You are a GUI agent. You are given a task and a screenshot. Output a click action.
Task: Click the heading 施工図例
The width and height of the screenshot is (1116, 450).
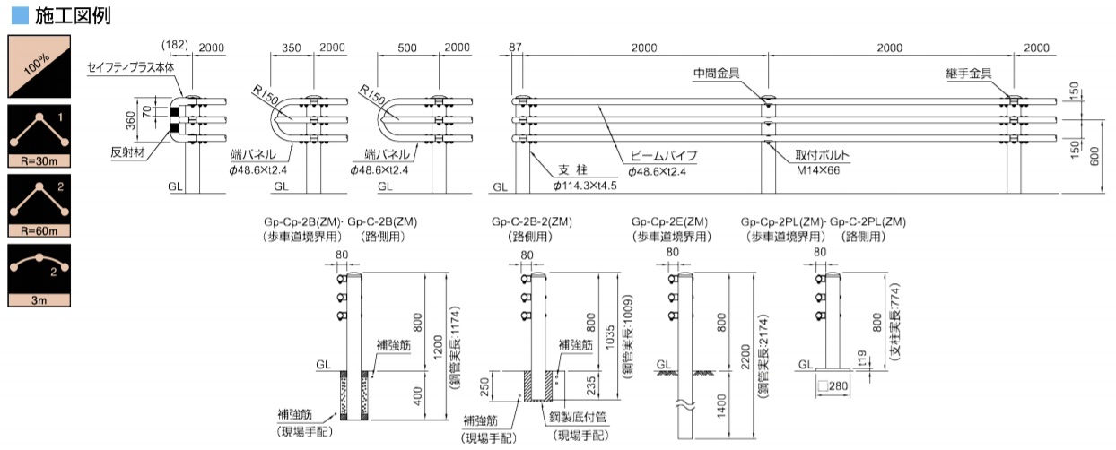[x=73, y=15]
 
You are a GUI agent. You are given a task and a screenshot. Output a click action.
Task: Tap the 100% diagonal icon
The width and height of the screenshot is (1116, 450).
[x=39, y=66]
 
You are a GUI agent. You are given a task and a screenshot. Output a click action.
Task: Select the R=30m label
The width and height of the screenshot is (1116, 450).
[x=39, y=160]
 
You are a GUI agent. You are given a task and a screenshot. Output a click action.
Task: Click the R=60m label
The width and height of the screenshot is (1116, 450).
[x=39, y=230]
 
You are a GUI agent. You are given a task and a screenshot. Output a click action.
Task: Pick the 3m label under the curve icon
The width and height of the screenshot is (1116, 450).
[x=39, y=300]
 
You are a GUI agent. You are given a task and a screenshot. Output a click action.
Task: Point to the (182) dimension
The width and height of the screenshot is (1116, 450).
[x=175, y=45]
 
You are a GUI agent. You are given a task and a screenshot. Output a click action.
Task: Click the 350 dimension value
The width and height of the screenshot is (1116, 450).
[x=292, y=48]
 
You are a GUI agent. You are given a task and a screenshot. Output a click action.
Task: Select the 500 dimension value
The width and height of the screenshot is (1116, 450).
[x=407, y=48]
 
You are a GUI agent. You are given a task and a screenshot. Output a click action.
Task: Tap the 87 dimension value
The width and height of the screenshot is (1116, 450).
[x=515, y=47]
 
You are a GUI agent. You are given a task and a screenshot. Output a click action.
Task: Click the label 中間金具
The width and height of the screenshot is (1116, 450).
[x=717, y=74]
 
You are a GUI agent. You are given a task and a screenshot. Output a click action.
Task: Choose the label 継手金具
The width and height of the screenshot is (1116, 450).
[x=969, y=74]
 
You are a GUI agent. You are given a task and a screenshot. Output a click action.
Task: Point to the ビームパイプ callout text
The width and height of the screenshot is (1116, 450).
[x=664, y=156]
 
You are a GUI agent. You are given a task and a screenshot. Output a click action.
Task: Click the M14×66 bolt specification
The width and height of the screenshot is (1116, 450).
[x=818, y=170]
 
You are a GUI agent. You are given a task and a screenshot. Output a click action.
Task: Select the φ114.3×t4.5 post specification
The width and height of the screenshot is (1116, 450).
[x=585, y=186]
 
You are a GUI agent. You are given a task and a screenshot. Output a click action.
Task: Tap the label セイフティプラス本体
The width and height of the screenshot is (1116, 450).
[x=131, y=68]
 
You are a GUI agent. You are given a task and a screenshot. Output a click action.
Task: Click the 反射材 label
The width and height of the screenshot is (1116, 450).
[x=127, y=152]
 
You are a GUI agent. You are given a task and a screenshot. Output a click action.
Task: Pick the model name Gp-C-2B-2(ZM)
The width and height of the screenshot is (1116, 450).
[x=532, y=221]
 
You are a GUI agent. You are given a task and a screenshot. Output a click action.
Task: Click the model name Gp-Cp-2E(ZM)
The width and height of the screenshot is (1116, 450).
[x=669, y=221]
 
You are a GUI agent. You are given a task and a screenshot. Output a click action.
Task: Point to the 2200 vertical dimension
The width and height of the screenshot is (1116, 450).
[x=745, y=357]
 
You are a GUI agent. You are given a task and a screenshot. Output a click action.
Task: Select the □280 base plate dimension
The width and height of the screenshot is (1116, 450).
[x=833, y=385]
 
